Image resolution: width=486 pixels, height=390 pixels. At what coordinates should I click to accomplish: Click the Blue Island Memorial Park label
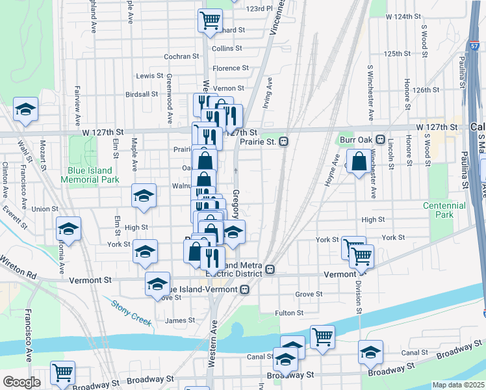(x=94, y=175)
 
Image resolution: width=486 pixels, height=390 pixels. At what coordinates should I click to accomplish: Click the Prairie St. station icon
(x=284, y=140)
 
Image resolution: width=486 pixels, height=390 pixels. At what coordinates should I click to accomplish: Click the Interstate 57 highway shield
(x=474, y=46)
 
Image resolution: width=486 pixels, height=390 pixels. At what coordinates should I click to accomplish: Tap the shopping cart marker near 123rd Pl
(x=210, y=21)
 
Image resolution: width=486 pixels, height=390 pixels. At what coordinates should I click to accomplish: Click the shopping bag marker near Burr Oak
(x=359, y=161)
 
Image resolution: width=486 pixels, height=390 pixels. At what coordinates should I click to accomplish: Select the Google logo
(x=21, y=382)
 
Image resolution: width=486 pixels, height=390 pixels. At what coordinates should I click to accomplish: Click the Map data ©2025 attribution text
(x=458, y=385)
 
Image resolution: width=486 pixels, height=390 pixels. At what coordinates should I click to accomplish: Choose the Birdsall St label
(x=141, y=94)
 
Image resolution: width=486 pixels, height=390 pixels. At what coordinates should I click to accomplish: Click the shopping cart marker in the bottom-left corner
(x=63, y=372)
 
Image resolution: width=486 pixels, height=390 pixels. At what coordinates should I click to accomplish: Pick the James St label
(x=180, y=320)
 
